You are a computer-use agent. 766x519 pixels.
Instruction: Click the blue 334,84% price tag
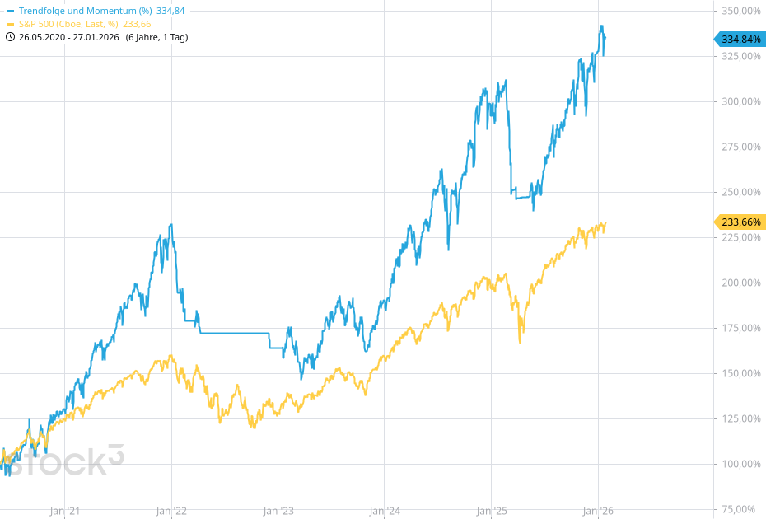click(740, 39)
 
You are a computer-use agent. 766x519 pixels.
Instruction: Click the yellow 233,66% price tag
click(740, 222)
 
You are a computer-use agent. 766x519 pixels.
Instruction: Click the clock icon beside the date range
click(11, 37)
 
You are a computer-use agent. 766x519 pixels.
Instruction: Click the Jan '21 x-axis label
click(64, 511)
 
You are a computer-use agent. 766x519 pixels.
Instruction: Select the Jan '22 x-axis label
click(171, 511)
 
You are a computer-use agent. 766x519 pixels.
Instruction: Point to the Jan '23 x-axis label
click(278, 511)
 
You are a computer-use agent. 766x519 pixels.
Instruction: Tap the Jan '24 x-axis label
click(385, 511)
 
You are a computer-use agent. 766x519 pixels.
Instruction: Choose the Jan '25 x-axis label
click(492, 511)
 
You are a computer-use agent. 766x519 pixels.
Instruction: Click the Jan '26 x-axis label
click(598, 511)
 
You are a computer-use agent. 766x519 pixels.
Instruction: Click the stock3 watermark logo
click(62, 461)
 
